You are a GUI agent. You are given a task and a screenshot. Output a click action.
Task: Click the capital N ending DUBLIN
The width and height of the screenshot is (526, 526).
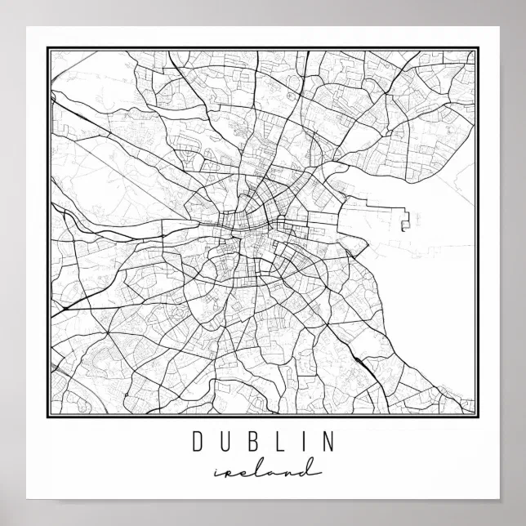327,442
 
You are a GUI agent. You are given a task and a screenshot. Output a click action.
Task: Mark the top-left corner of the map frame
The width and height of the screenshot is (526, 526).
48,48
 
